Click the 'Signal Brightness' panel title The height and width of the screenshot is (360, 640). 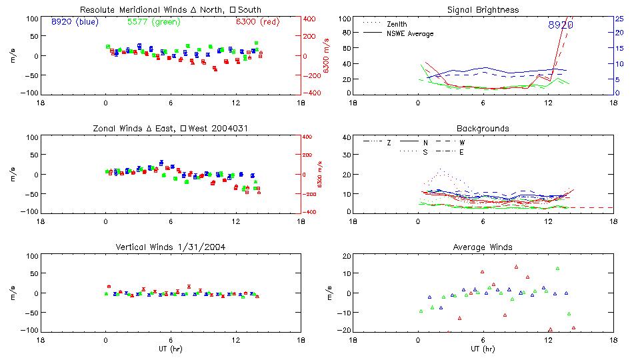click(483, 10)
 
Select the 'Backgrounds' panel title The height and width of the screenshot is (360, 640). click(483, 128)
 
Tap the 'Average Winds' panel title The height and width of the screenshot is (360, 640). click(483, 247)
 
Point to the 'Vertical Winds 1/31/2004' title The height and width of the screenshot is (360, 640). click(170, 247)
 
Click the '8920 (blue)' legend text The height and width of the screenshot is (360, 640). click(74, 22)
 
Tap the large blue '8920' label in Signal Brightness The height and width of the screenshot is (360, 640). click(561, 25)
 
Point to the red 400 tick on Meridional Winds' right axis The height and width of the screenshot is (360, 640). click(311, 19)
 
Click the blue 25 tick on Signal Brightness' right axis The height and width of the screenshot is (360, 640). click(619, 19)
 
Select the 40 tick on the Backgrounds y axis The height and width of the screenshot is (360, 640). click(346, 138)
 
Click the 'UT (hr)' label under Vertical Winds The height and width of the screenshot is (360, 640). click(170, 349)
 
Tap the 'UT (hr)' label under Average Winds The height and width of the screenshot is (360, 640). click(483, 349)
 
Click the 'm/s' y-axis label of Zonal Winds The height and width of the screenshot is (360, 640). click(13, 175)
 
